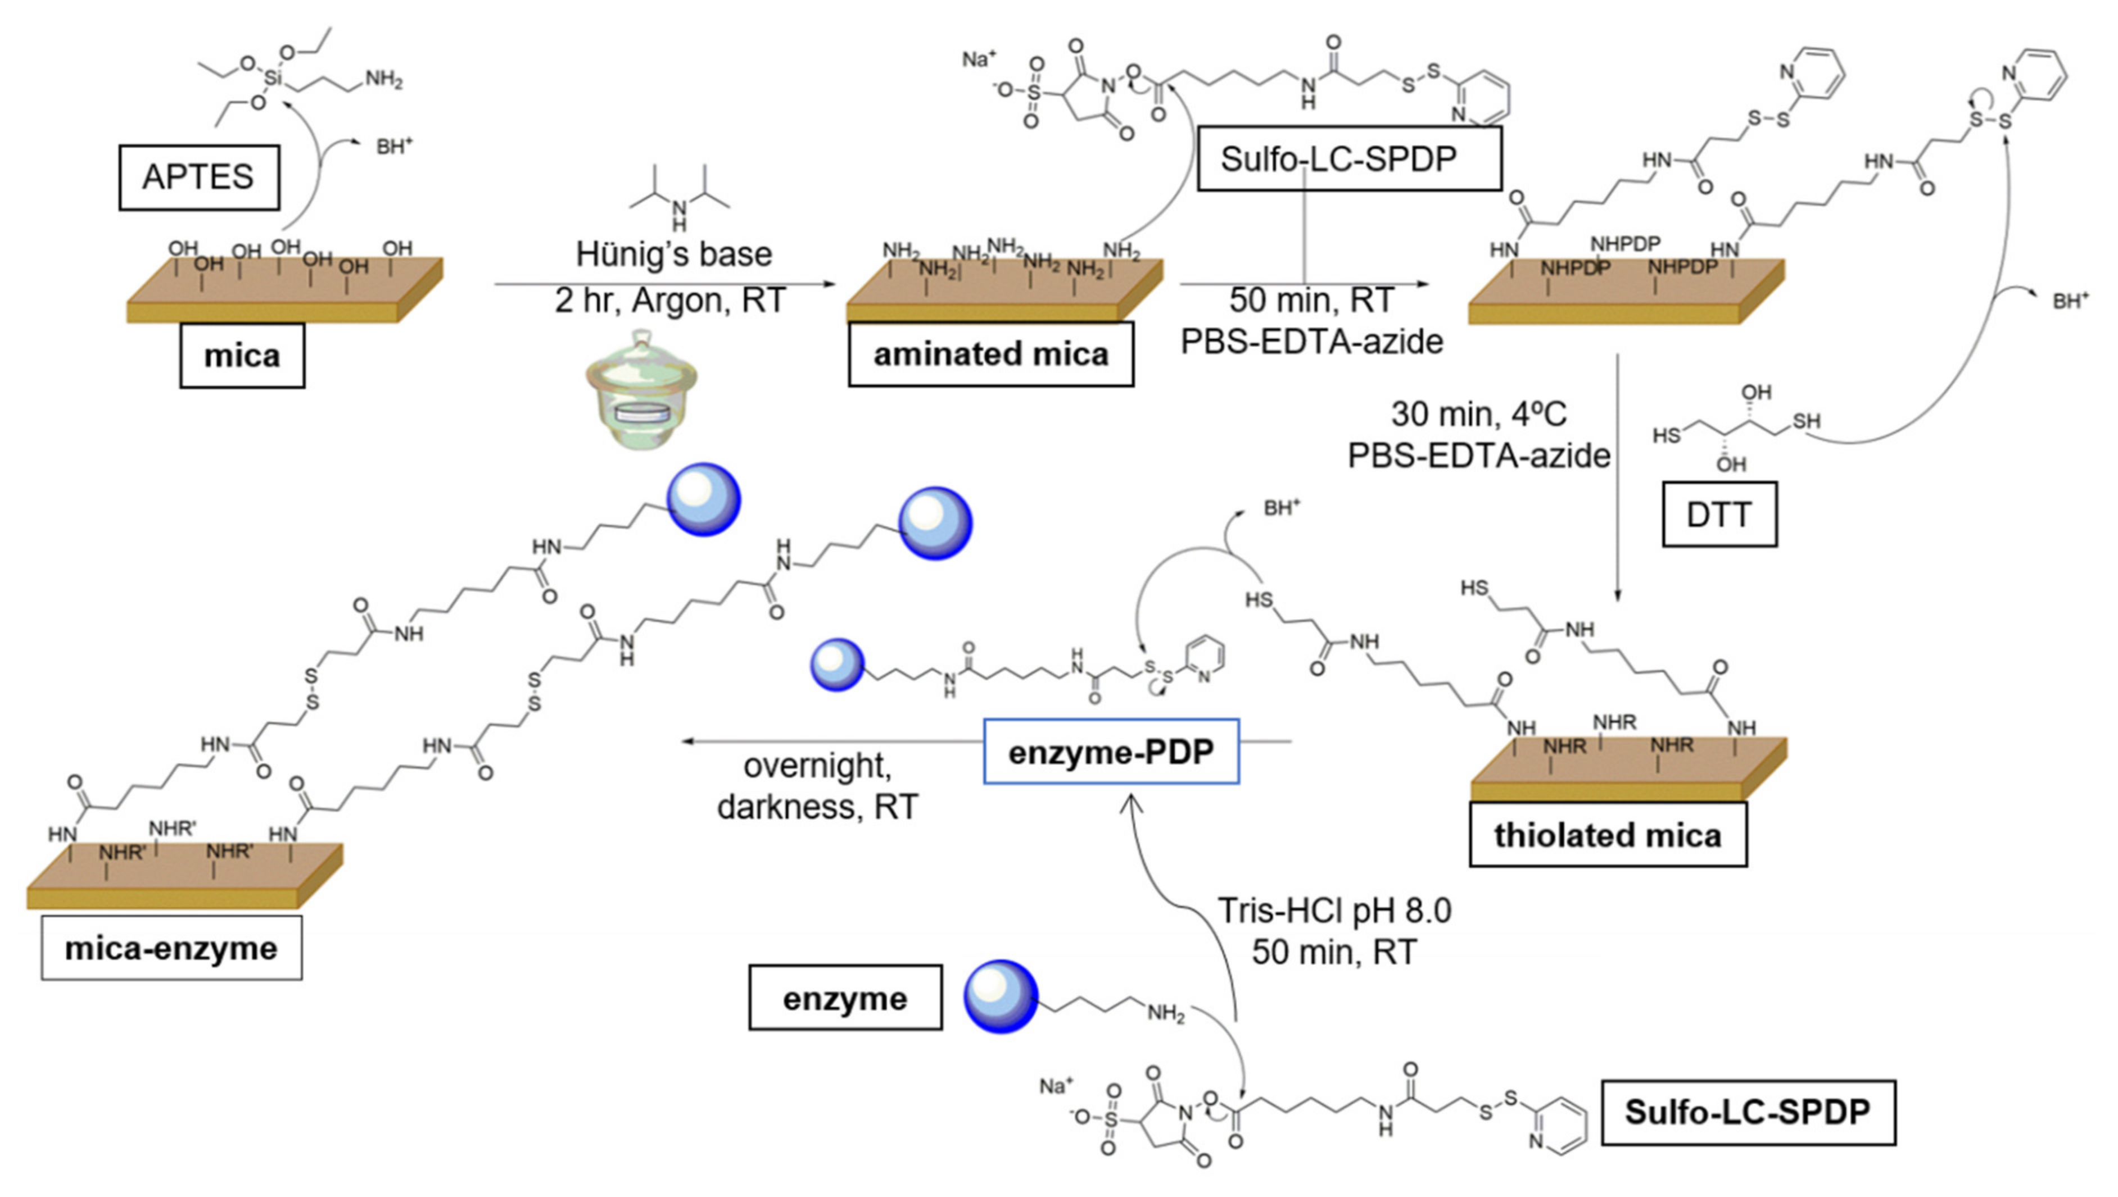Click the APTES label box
(198, 177)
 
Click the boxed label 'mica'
(242, 355)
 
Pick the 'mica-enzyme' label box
(171, 948)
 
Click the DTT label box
(1719, 515)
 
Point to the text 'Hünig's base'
(673, 253)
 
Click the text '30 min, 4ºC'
(1478, 413)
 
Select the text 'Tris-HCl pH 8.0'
(1334, 910)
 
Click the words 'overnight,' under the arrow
(817, 766)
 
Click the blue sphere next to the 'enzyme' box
(1000, 995)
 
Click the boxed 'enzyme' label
(845, 998)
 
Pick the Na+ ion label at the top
(978, 59)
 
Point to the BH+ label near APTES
(393, 147)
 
